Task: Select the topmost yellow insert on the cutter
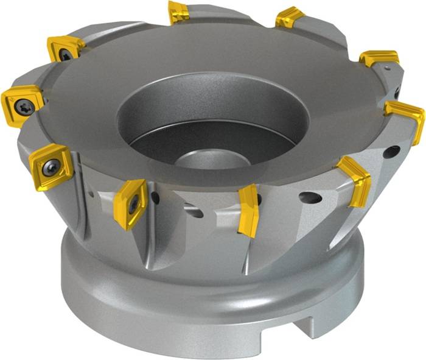(x=178, y=12)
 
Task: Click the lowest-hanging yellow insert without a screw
(x=248, y=210)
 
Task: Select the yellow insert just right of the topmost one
(x=290, y=18)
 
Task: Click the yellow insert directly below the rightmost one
(x=355, y=180)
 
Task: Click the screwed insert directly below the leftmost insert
(x=51, y=166)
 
